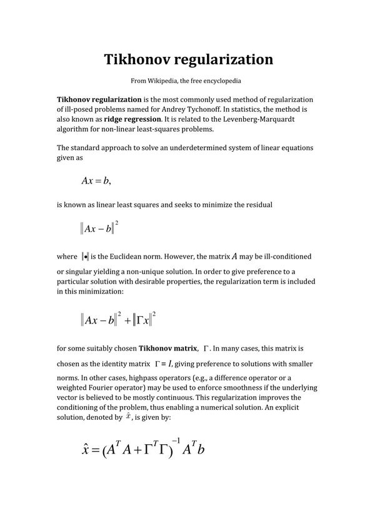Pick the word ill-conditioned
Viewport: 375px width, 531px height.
(276, 257)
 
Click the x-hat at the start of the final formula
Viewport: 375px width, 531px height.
(88, 450)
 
